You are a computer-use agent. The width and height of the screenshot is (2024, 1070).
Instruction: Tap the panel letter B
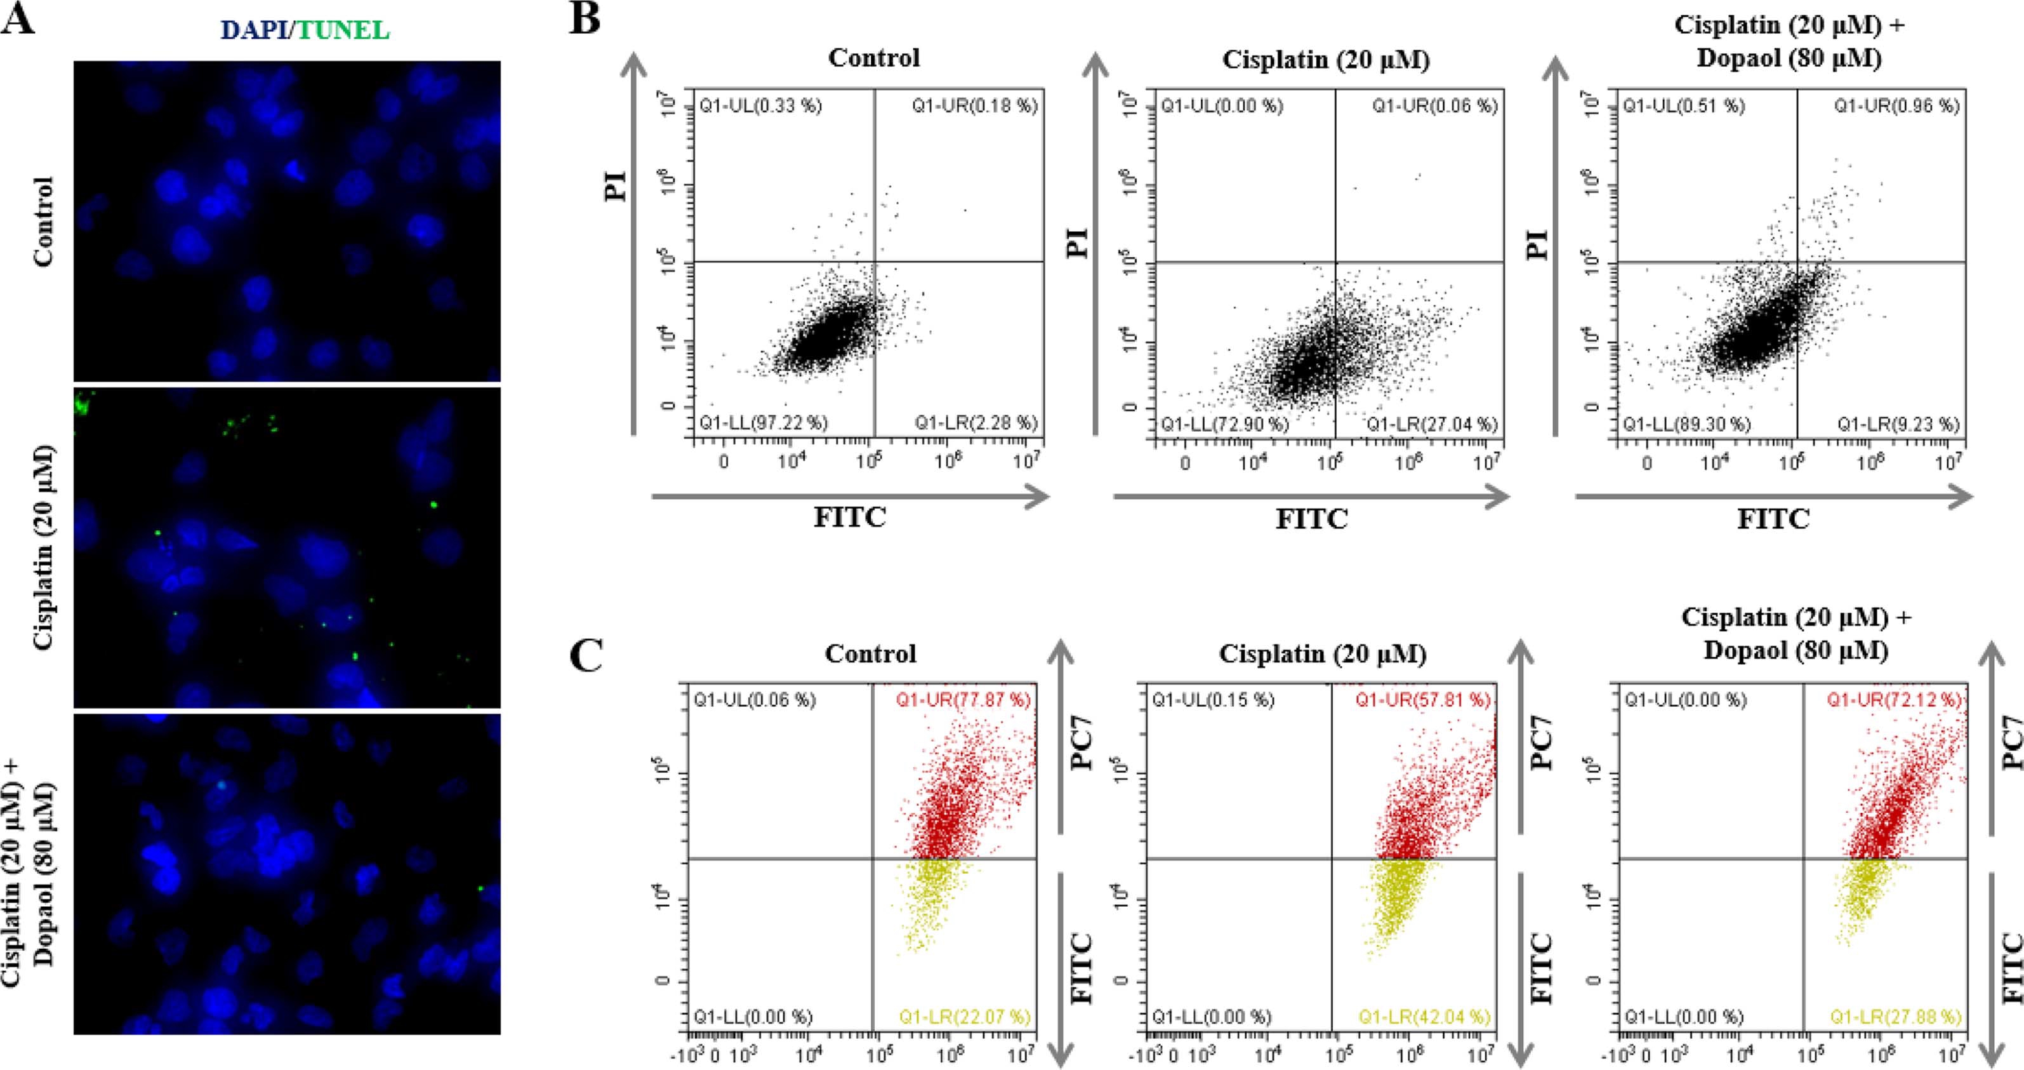point(585,17)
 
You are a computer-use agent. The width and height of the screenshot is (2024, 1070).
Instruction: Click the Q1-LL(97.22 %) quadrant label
point(764,423)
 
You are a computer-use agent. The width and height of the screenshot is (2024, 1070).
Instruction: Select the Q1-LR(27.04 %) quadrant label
point(1432,425)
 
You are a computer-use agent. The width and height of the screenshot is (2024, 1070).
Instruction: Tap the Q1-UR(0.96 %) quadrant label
point(1896,106)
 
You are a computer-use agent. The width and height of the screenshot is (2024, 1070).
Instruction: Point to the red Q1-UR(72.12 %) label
point(1893,700)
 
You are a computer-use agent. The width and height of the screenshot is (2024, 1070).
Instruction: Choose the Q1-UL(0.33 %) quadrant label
point(760,106)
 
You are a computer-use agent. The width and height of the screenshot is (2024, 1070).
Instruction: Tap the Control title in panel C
point(871,653)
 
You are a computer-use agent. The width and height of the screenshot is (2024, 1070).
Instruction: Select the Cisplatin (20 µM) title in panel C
point(1323,653)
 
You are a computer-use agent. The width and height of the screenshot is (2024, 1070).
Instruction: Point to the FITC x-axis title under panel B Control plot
point(849,518)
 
